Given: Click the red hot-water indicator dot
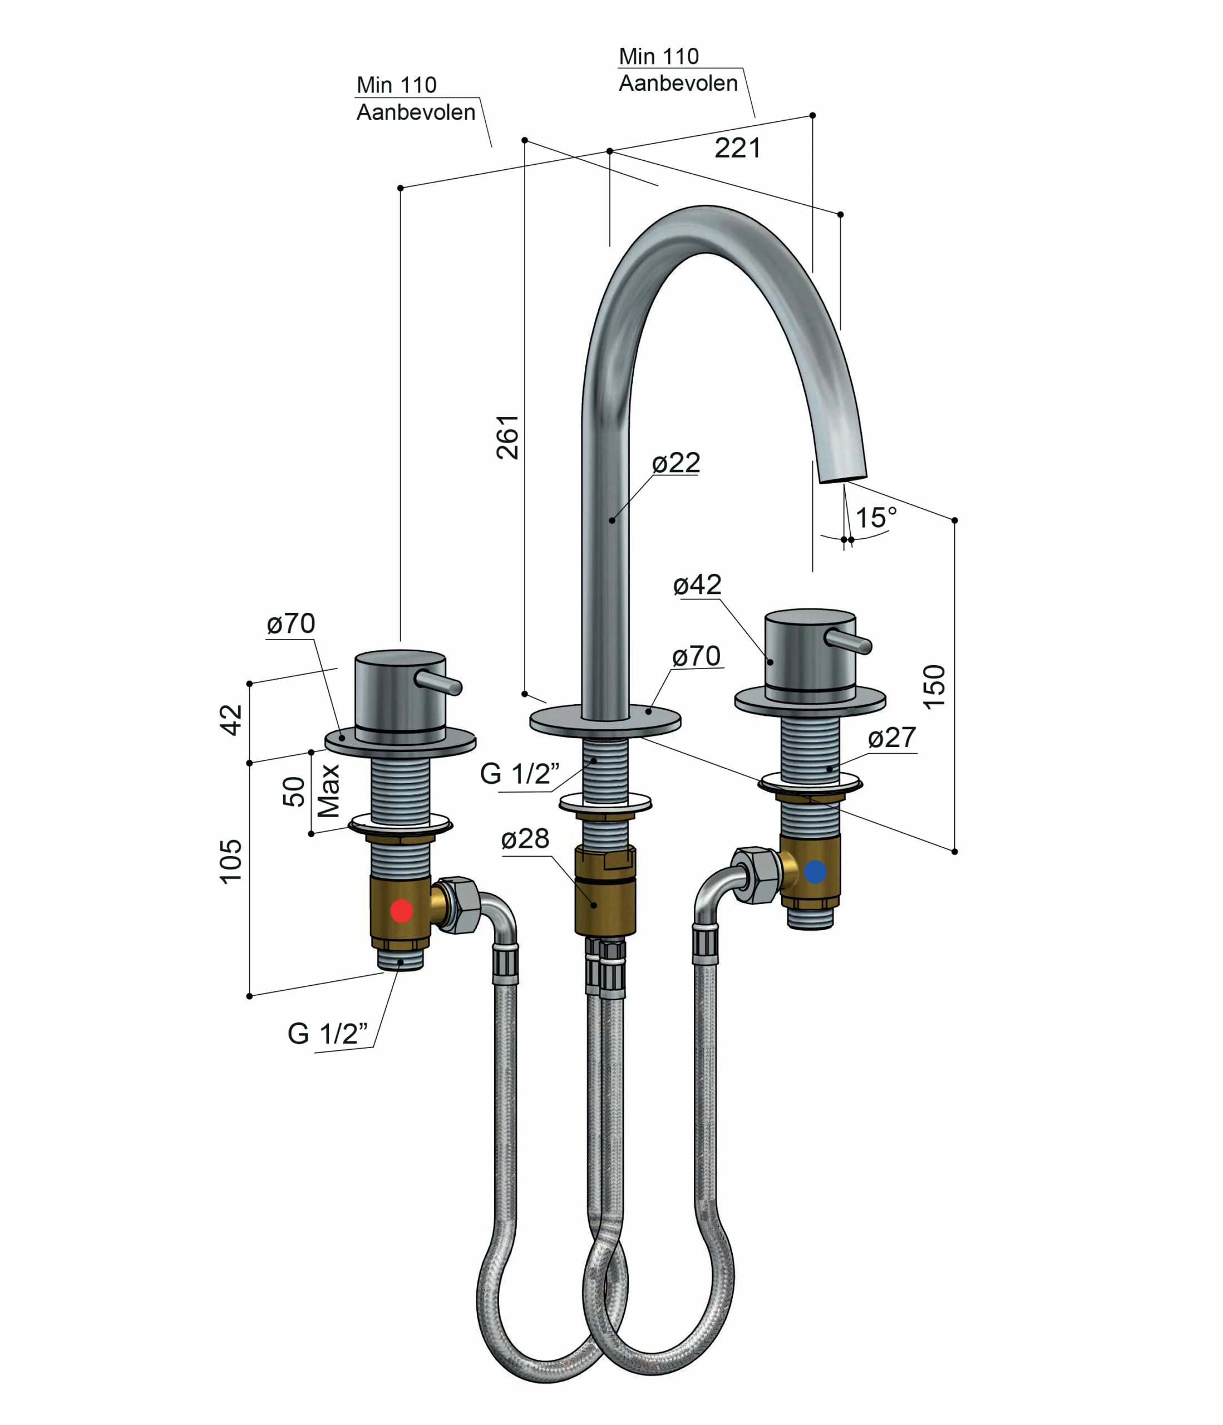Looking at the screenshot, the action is (402, 911).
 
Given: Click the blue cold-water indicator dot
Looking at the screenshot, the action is (815, 872).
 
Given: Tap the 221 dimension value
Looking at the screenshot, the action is (738, 148).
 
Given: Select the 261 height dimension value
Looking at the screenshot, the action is (508, 437).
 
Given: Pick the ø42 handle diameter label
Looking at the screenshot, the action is (697, 584).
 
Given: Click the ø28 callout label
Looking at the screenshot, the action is (525, 838).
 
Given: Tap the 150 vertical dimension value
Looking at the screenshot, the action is (934, 686).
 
